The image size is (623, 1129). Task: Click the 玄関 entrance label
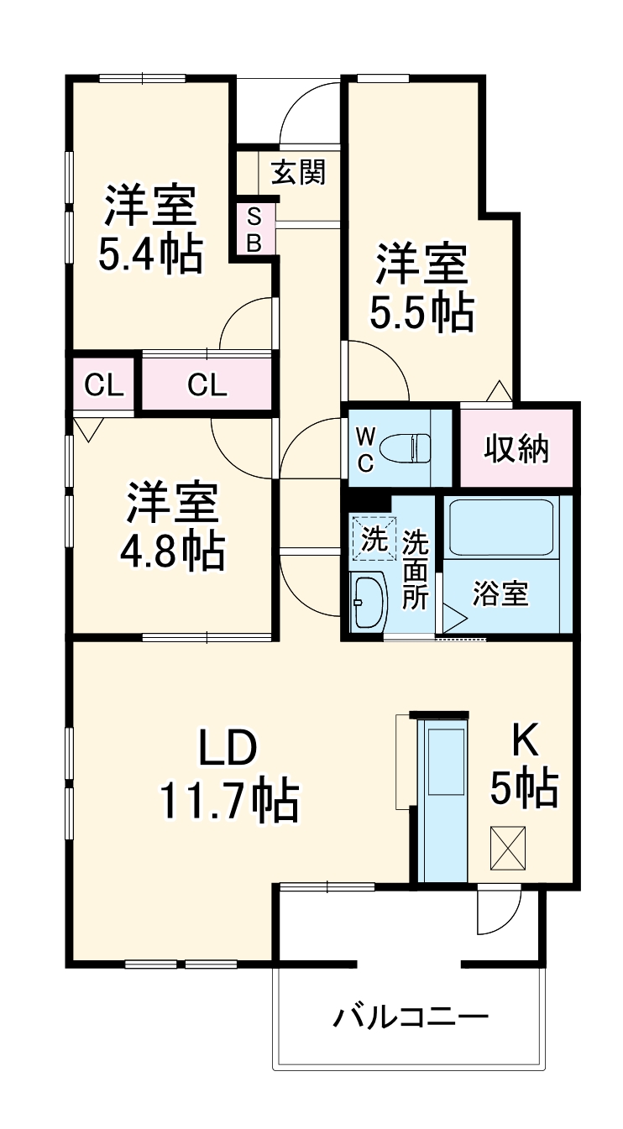click(298, 173)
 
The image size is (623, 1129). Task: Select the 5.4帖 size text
click(150, 253)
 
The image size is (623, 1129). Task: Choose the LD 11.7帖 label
click(228, 774)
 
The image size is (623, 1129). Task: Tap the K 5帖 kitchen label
click(524, 766)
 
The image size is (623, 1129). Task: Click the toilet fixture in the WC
click(404, 447)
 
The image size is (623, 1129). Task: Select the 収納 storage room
click(516, 448)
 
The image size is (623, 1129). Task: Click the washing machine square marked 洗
click(372, 536)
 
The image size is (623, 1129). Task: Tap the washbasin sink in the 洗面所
click(368, 601)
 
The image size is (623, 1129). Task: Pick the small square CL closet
click(104, 386)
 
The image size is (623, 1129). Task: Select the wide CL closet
click(207, 386)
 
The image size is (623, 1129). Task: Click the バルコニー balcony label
click(411, 1019)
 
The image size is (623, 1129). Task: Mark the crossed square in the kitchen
click(508, 849)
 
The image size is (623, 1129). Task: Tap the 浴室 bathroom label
click(500, 593)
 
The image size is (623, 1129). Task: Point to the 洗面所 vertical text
click(415, 570)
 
